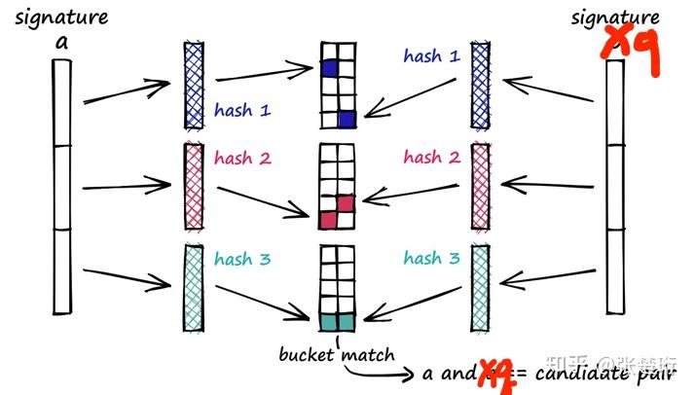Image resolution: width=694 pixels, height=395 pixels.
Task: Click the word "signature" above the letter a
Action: pos(61,18)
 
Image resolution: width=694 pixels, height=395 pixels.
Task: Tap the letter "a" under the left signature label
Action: pos(61,41)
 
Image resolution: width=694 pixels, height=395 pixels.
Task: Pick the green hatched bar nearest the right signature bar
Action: pos(480,286)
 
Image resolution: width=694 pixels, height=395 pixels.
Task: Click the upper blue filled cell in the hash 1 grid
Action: pos(330,68)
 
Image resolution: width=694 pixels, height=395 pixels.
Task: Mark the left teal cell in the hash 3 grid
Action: pos(329,320)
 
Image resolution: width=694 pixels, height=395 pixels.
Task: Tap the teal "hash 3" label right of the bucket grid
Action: pos(431,258)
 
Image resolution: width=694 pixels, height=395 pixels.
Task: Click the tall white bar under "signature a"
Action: pos(61,185)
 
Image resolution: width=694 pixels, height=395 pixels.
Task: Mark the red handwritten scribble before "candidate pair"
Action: pos(494,374)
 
